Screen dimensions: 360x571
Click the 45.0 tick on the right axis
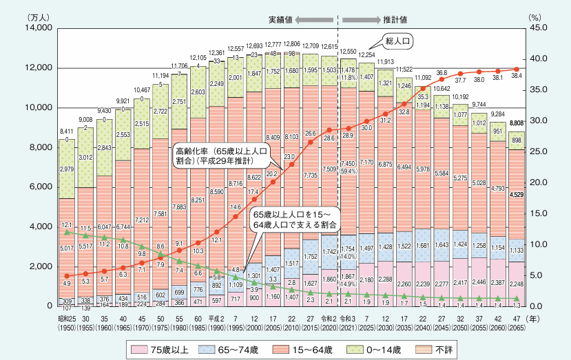(x=541, y=28)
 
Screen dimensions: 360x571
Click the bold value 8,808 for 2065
(x=519, y=123)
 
